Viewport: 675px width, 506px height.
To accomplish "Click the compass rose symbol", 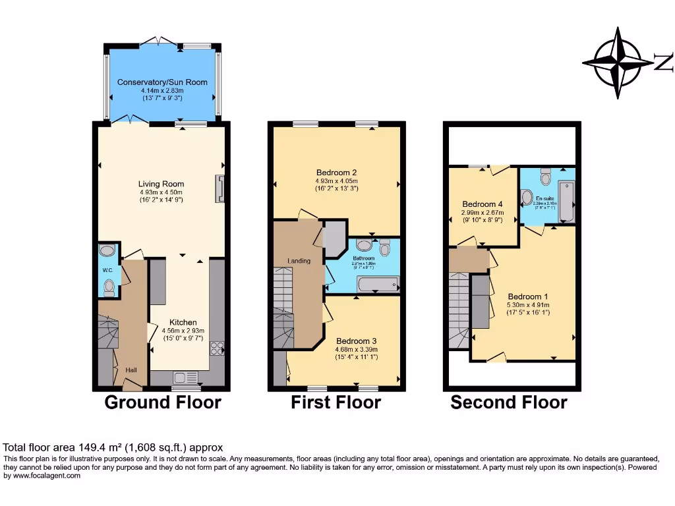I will [x=618, y=63].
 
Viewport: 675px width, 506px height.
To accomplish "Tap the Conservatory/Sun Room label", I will [x=162, y=82].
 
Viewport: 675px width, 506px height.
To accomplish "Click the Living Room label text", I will [x=161, y=184].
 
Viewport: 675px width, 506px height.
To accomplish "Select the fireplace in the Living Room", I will [x=220, y=188].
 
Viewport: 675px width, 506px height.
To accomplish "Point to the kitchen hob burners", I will [x=216, y=348].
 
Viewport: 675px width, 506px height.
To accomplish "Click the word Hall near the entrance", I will [x=131, y=371].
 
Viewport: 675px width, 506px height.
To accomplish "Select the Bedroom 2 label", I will [x=336, y=173].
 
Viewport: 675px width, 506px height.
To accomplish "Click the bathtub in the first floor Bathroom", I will [x=378, y=284].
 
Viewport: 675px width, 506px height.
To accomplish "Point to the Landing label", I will [x=299, y=261].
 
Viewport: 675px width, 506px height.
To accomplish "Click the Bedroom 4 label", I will [x=483, y=204].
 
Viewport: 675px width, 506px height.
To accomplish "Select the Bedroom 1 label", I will [x=527, y=296].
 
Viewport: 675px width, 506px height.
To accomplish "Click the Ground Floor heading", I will [x=163, y=402].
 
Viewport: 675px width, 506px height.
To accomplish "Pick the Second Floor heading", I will [x=508, y=402].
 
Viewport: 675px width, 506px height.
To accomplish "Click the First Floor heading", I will [x=336, y=402].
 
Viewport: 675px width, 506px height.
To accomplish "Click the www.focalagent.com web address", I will [x=43, y=476].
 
